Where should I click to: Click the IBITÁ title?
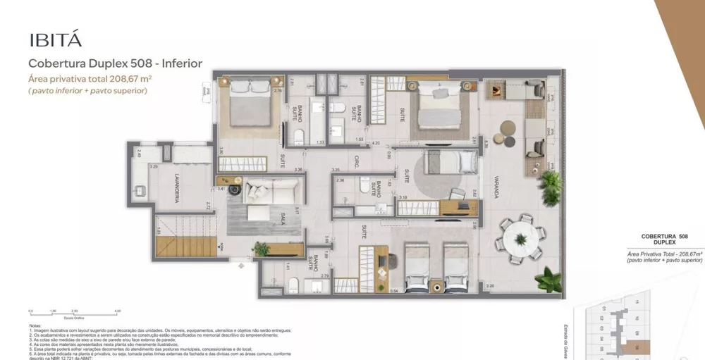(52, 38)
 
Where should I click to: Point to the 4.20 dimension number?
(376, 143)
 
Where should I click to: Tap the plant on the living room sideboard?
(262, 248)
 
